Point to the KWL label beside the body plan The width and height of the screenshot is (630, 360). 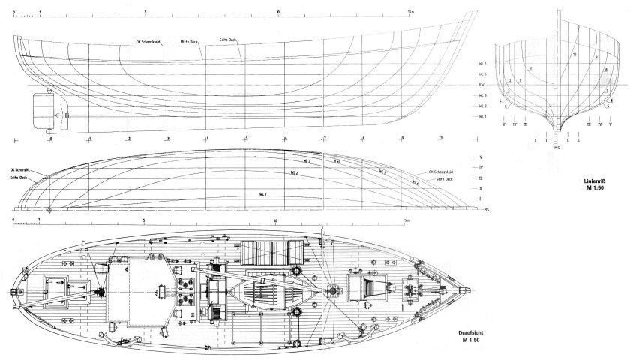click(x=484, y=85)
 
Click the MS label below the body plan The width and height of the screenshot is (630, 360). click(x=556, y=147)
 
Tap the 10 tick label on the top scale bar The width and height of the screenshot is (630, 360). click(x=278, y=12)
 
